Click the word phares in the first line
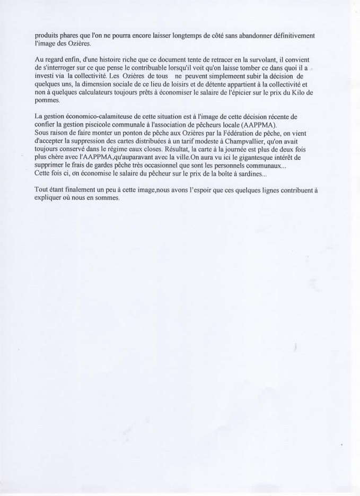pos(73,35)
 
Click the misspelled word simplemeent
pos(216,76)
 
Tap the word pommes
pos(47,100)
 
